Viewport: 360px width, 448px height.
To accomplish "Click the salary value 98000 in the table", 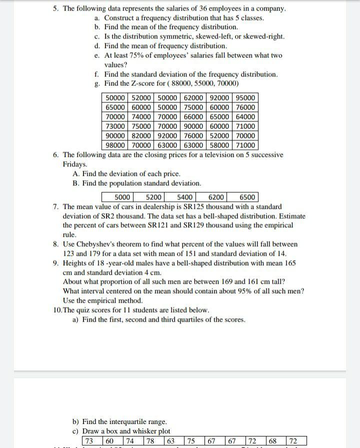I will point(116,145).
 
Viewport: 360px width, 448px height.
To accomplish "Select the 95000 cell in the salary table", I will point(245,98).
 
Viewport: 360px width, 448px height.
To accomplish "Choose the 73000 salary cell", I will point(116,126).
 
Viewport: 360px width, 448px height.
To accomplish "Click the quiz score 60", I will point(109,441).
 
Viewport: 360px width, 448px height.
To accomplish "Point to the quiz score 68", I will point(273,441).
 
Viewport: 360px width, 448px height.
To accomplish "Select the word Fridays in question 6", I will point(74,164).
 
